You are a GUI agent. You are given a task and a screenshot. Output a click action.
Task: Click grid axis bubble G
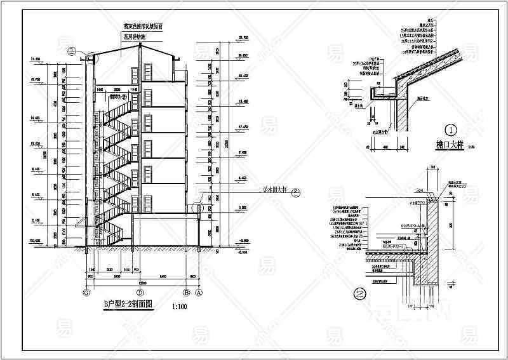[86, 293]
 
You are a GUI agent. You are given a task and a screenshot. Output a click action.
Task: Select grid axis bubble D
[131, 293]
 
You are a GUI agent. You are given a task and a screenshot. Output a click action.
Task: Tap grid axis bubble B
[186, 293]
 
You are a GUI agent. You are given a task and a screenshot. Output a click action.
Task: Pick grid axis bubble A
[198, 293]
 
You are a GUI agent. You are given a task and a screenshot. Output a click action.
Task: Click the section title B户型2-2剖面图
[129, 305]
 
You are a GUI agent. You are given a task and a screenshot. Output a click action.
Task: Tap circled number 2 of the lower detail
[360, 294]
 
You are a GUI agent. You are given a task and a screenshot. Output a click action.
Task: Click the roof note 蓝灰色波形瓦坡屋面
[142, 29]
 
